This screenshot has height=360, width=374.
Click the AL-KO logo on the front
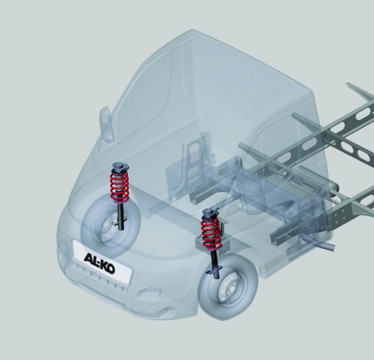tap(98, 256)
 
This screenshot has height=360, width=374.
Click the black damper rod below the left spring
tap(118, 215)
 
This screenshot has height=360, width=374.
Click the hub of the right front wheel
tap(228, 291)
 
